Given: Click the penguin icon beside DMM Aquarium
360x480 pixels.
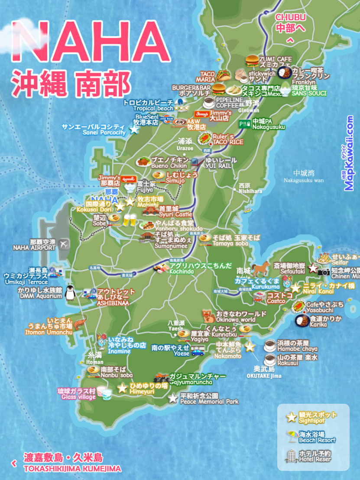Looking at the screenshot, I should click(69, 293).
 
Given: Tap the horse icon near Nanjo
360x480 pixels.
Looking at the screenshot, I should click(260, 269).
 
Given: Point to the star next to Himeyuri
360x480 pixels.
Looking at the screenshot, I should click(122, 388).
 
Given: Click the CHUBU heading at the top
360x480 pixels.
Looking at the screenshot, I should click(291, 18).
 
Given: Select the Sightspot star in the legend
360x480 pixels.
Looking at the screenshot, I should click(292, 417).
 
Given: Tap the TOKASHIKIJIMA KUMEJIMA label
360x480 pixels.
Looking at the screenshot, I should click(72, 469).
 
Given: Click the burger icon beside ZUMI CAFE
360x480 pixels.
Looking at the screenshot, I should click(252, 60).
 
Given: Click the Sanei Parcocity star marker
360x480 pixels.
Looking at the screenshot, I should click(134, 129).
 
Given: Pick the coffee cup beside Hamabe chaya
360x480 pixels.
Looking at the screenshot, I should click(270, 346).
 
